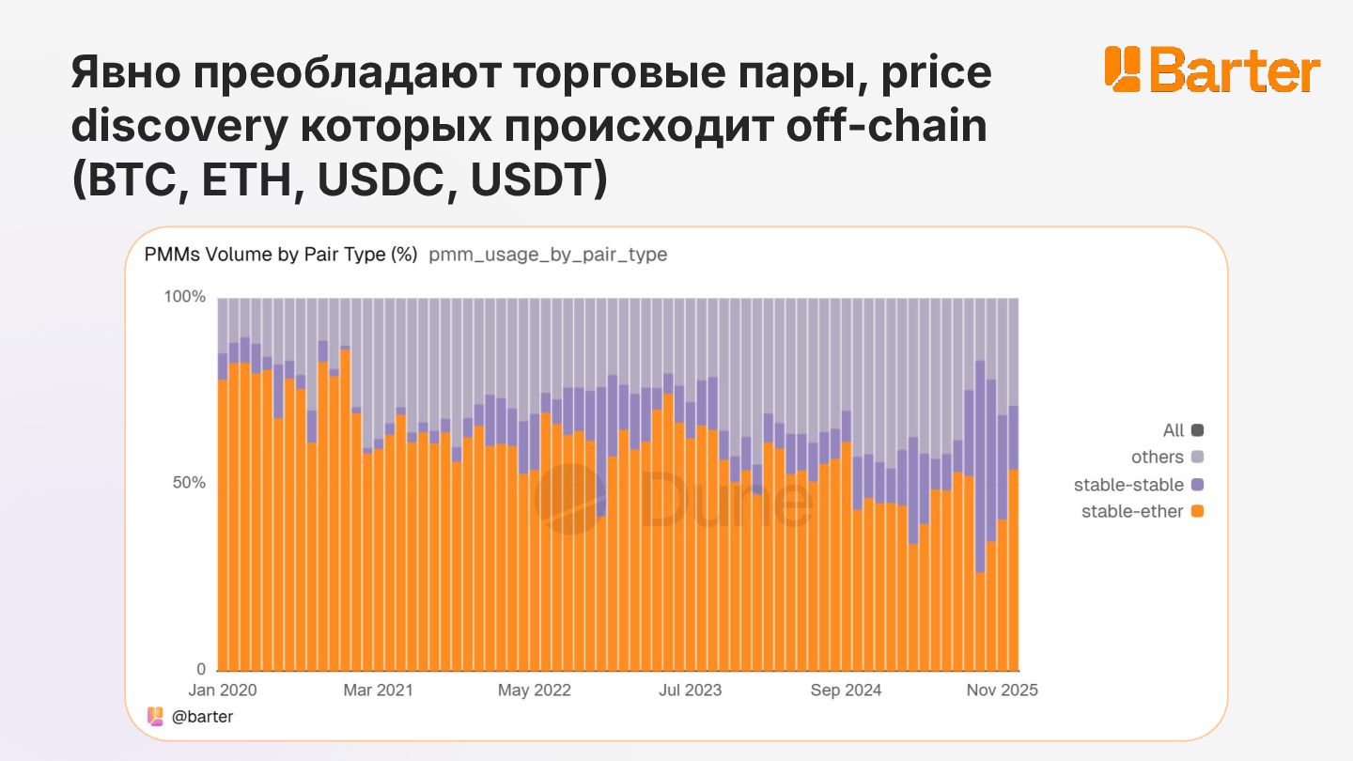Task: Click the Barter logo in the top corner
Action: [1212, 69]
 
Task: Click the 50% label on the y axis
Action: [188, 483]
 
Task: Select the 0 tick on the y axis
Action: [200, 669]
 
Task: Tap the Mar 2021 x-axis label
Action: [378, 690]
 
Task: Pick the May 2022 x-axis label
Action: [534, 690]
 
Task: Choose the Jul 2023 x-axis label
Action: [691, 690]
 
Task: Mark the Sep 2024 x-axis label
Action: [846, 690]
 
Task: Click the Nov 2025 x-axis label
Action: [1003, 690]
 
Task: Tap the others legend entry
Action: [1166, 458]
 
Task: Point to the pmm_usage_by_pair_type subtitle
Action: [548, 255]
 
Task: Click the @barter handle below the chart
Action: [202, 716]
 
